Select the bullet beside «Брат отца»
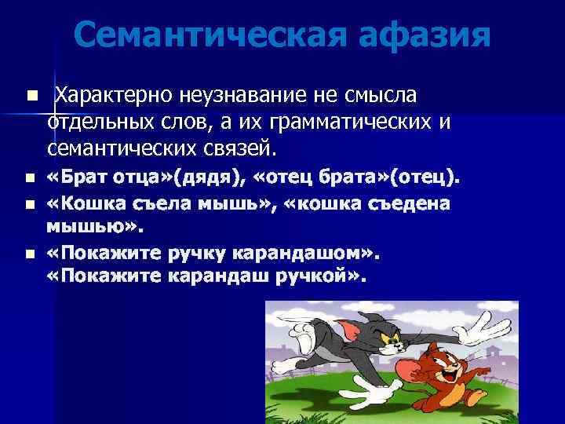[30, 177]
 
